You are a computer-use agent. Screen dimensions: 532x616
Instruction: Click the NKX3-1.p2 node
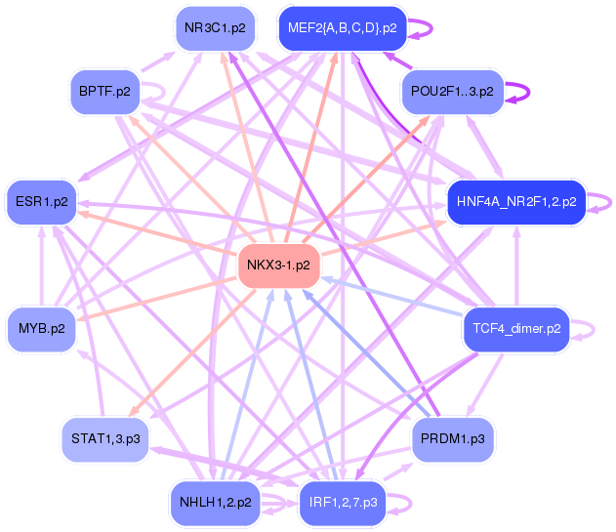pyautogui.click(x=279, y=265)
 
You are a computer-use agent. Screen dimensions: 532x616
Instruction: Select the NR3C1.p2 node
pyautogui.click(x=214, y=28)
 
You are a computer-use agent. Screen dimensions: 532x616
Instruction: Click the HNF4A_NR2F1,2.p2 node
pyautogui.click(x=515, y=203)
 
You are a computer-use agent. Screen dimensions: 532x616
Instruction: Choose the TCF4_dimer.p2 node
pyautogui.click(x=515, y=328)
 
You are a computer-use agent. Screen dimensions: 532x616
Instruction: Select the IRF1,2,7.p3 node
pyautogui.click(x=343, y=503)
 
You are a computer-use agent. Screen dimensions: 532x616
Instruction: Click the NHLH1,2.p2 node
pyautogui.click(x=216, y=503)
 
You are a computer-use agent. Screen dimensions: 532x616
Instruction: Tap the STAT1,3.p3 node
pyautogui.click(x=105, y=439)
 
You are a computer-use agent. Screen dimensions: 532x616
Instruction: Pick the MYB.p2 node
pyautogui.click(x=41, y=328)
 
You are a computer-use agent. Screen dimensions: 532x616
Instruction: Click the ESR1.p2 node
pyautogui.click(x=42, y=202)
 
